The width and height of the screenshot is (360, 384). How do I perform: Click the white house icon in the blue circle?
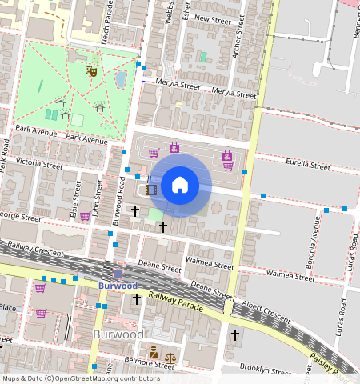pyautogui.click(x=180, y=185)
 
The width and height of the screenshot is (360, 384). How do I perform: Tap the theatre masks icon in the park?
pyautogui.click(x=92, y=71)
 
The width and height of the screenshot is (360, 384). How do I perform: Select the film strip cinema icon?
pyautogui.click(x=151, y=190)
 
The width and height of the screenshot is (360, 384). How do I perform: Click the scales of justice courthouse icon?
pyautogui.click(x=170, y=352)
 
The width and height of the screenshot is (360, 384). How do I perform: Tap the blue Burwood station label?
pyautogui.click(x=118, y=286)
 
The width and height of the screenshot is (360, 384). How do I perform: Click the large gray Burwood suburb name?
pyautogui.click(x=118, y=334)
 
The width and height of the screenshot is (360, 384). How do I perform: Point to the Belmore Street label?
pyautogui.click(x=151, y=365)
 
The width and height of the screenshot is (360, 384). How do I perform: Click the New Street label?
pyautogui.click(x=213, y=18)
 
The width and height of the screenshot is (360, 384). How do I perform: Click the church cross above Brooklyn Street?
pyautogui.click(x=234, y=334)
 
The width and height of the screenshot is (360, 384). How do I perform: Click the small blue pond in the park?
pyautogui.click(x=120, y=78)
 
